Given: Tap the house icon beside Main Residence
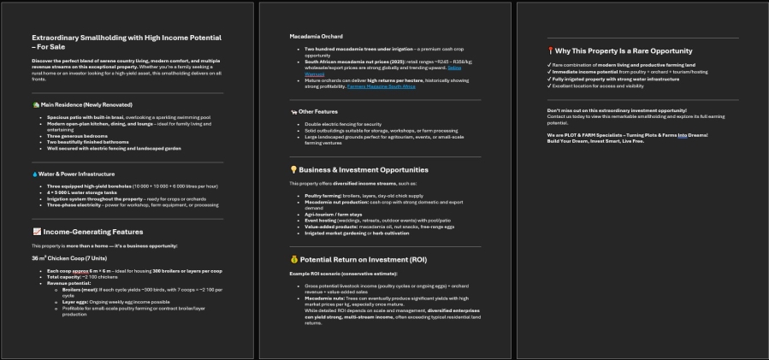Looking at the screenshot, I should click(x=35, y=104).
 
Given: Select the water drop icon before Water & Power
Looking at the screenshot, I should click(x=35, y=174).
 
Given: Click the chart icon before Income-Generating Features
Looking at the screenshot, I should click(x=37, y=232).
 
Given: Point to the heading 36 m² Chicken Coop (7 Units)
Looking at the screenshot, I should click(x=69, y=257).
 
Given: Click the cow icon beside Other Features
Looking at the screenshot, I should click(x=293, y=111).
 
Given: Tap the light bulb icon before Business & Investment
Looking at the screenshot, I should click(x=293, y=169).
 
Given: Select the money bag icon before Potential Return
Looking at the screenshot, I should click(x=293, y=259).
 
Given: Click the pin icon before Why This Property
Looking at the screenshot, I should click(x=551, y=50).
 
